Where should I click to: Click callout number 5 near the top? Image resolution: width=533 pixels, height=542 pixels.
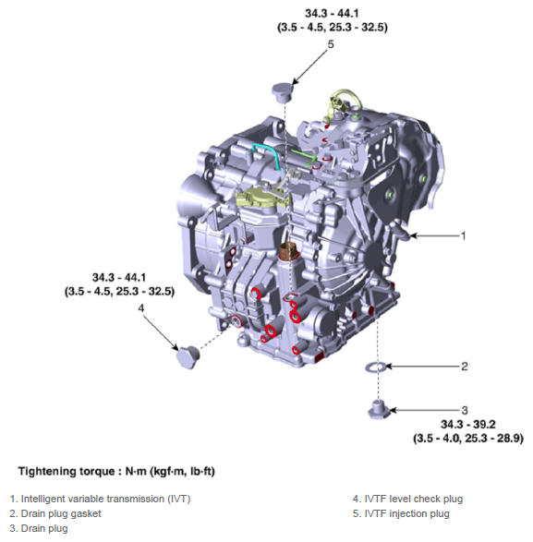click(331, 44)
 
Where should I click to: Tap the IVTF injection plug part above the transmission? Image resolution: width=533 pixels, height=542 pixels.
click(282, 92)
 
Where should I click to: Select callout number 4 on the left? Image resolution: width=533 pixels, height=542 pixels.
click(141, 308)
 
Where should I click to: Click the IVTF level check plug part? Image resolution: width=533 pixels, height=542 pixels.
click(188, 356)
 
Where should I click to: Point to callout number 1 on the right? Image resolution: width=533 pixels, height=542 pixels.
click(464, 236)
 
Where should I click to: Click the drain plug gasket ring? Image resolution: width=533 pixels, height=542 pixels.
click(376, 367)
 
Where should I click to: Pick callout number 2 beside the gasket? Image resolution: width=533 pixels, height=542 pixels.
click(465, 367)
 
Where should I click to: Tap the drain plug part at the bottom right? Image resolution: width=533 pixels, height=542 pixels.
click(379, 410)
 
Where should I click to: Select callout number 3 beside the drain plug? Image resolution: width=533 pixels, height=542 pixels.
click(465, 410)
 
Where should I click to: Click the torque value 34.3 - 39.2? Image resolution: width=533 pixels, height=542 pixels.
click(468, 424)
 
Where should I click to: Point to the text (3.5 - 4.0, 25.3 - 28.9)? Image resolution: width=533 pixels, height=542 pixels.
click(468, 439)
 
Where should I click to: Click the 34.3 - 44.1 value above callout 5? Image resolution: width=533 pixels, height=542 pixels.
click(332, 14)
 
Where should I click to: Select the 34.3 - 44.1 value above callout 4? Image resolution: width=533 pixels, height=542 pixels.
click(119, 278)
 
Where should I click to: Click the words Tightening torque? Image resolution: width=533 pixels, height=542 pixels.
click(67, 471)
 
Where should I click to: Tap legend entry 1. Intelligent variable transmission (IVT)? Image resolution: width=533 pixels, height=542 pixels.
click(101, 499)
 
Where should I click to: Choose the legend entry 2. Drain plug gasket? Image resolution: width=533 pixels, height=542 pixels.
click(55, 513)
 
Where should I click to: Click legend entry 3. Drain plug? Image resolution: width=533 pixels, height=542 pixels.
click(39, 528)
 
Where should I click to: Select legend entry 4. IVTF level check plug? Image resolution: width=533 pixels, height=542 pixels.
click(407, 499)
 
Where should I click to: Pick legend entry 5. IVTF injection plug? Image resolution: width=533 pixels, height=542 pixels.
click(401, 513)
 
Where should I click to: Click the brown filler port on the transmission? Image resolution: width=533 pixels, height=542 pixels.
click(288, 251)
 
